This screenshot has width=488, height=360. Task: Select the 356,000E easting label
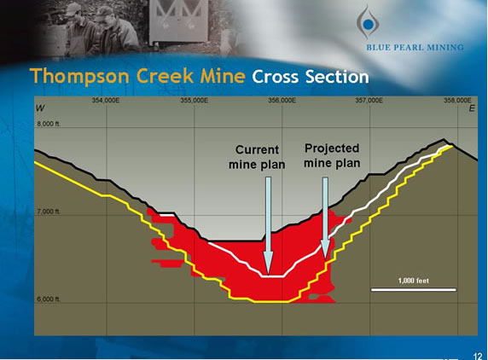[x=282, y=101]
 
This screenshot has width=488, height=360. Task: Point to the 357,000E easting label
[x=369, y=101]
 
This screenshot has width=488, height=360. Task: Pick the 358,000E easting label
[x=457, y=101]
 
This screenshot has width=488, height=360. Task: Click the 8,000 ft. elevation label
[x=49, y=124]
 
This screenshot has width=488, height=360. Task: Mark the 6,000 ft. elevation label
[x=49, y=299]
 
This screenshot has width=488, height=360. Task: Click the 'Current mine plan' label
[x=256, y=157]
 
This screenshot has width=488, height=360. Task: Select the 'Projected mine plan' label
[x=332, y=155]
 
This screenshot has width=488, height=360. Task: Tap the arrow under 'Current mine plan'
[x=268, y=222]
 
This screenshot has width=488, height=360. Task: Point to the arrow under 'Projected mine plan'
[x=325, y=218]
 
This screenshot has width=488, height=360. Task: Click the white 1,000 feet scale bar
[x=414, y=290]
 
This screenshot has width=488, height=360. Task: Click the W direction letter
[x=40, y=109]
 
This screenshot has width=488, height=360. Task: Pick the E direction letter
[x=469, y=109]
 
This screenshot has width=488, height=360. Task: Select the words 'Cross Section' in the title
[x=311, y=76]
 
